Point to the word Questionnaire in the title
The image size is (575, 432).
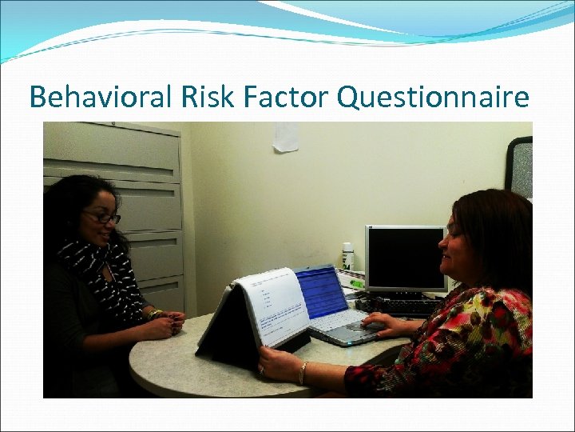(x=434, y=98)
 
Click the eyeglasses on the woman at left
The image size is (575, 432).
(x=105, y=218)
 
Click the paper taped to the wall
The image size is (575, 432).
(x=286, y=136)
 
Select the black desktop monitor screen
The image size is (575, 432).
(x=406, y=258)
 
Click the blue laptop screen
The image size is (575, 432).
(x=320, y=290)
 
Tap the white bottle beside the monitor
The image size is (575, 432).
(x=347, y=257)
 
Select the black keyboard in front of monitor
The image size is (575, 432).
(x=399, y=305)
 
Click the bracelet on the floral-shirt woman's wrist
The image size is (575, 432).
(x=303, y=372)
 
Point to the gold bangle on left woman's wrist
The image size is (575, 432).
(x=153, y=314)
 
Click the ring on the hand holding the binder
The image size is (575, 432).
(x=261, y=369)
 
